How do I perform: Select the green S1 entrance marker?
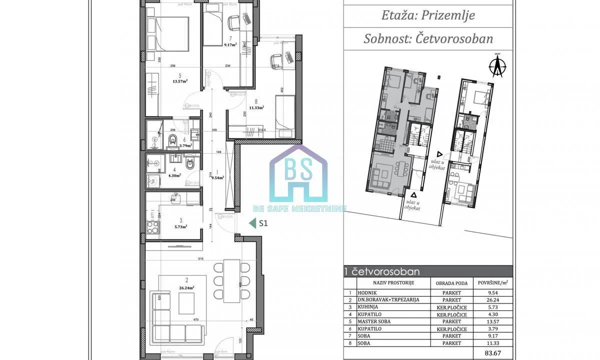point(259,223)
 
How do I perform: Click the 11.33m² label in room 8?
point(256,106)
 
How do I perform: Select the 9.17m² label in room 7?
point(230,44)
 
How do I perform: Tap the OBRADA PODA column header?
point(451,283)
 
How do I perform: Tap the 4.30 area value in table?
point(492,314)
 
